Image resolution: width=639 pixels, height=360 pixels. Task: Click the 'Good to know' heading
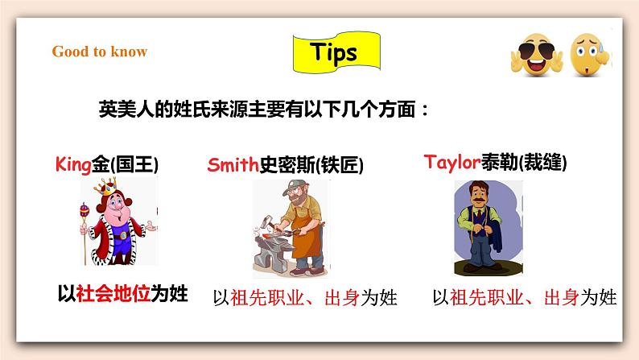point(100,52)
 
